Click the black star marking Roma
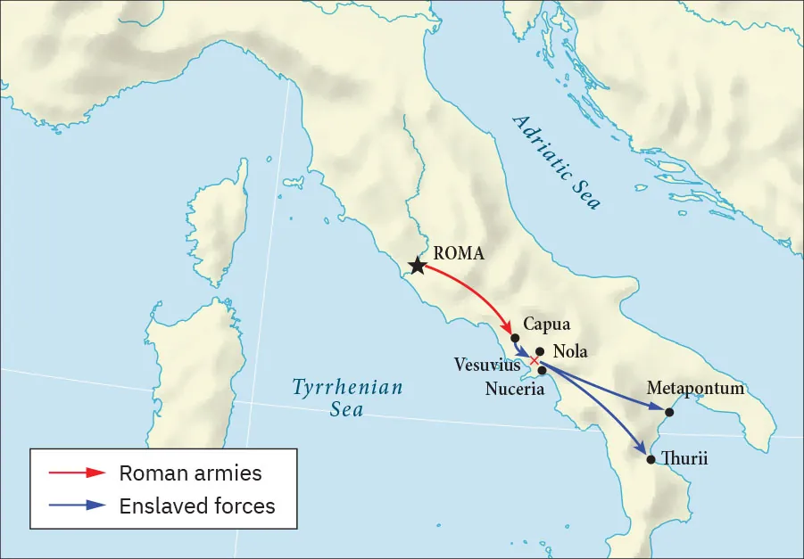coord(417,266)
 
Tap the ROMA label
coord(458,253)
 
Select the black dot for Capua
coord(515,338)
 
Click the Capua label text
coord(546,324)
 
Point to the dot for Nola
coord(539,351)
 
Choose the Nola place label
coord(571,351)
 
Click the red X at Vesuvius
coord(535,361)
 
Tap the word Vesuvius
coord(486,365)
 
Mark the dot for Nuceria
coord(542,370)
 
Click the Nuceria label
coord(515,389)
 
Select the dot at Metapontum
coord(669,411)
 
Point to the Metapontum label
coord(695,389)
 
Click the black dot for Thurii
coord(651,460)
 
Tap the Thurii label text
coord(684,459)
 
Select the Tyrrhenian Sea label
coord(348,398)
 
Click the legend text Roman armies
coord(190,473)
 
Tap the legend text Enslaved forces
coord(197,506)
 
